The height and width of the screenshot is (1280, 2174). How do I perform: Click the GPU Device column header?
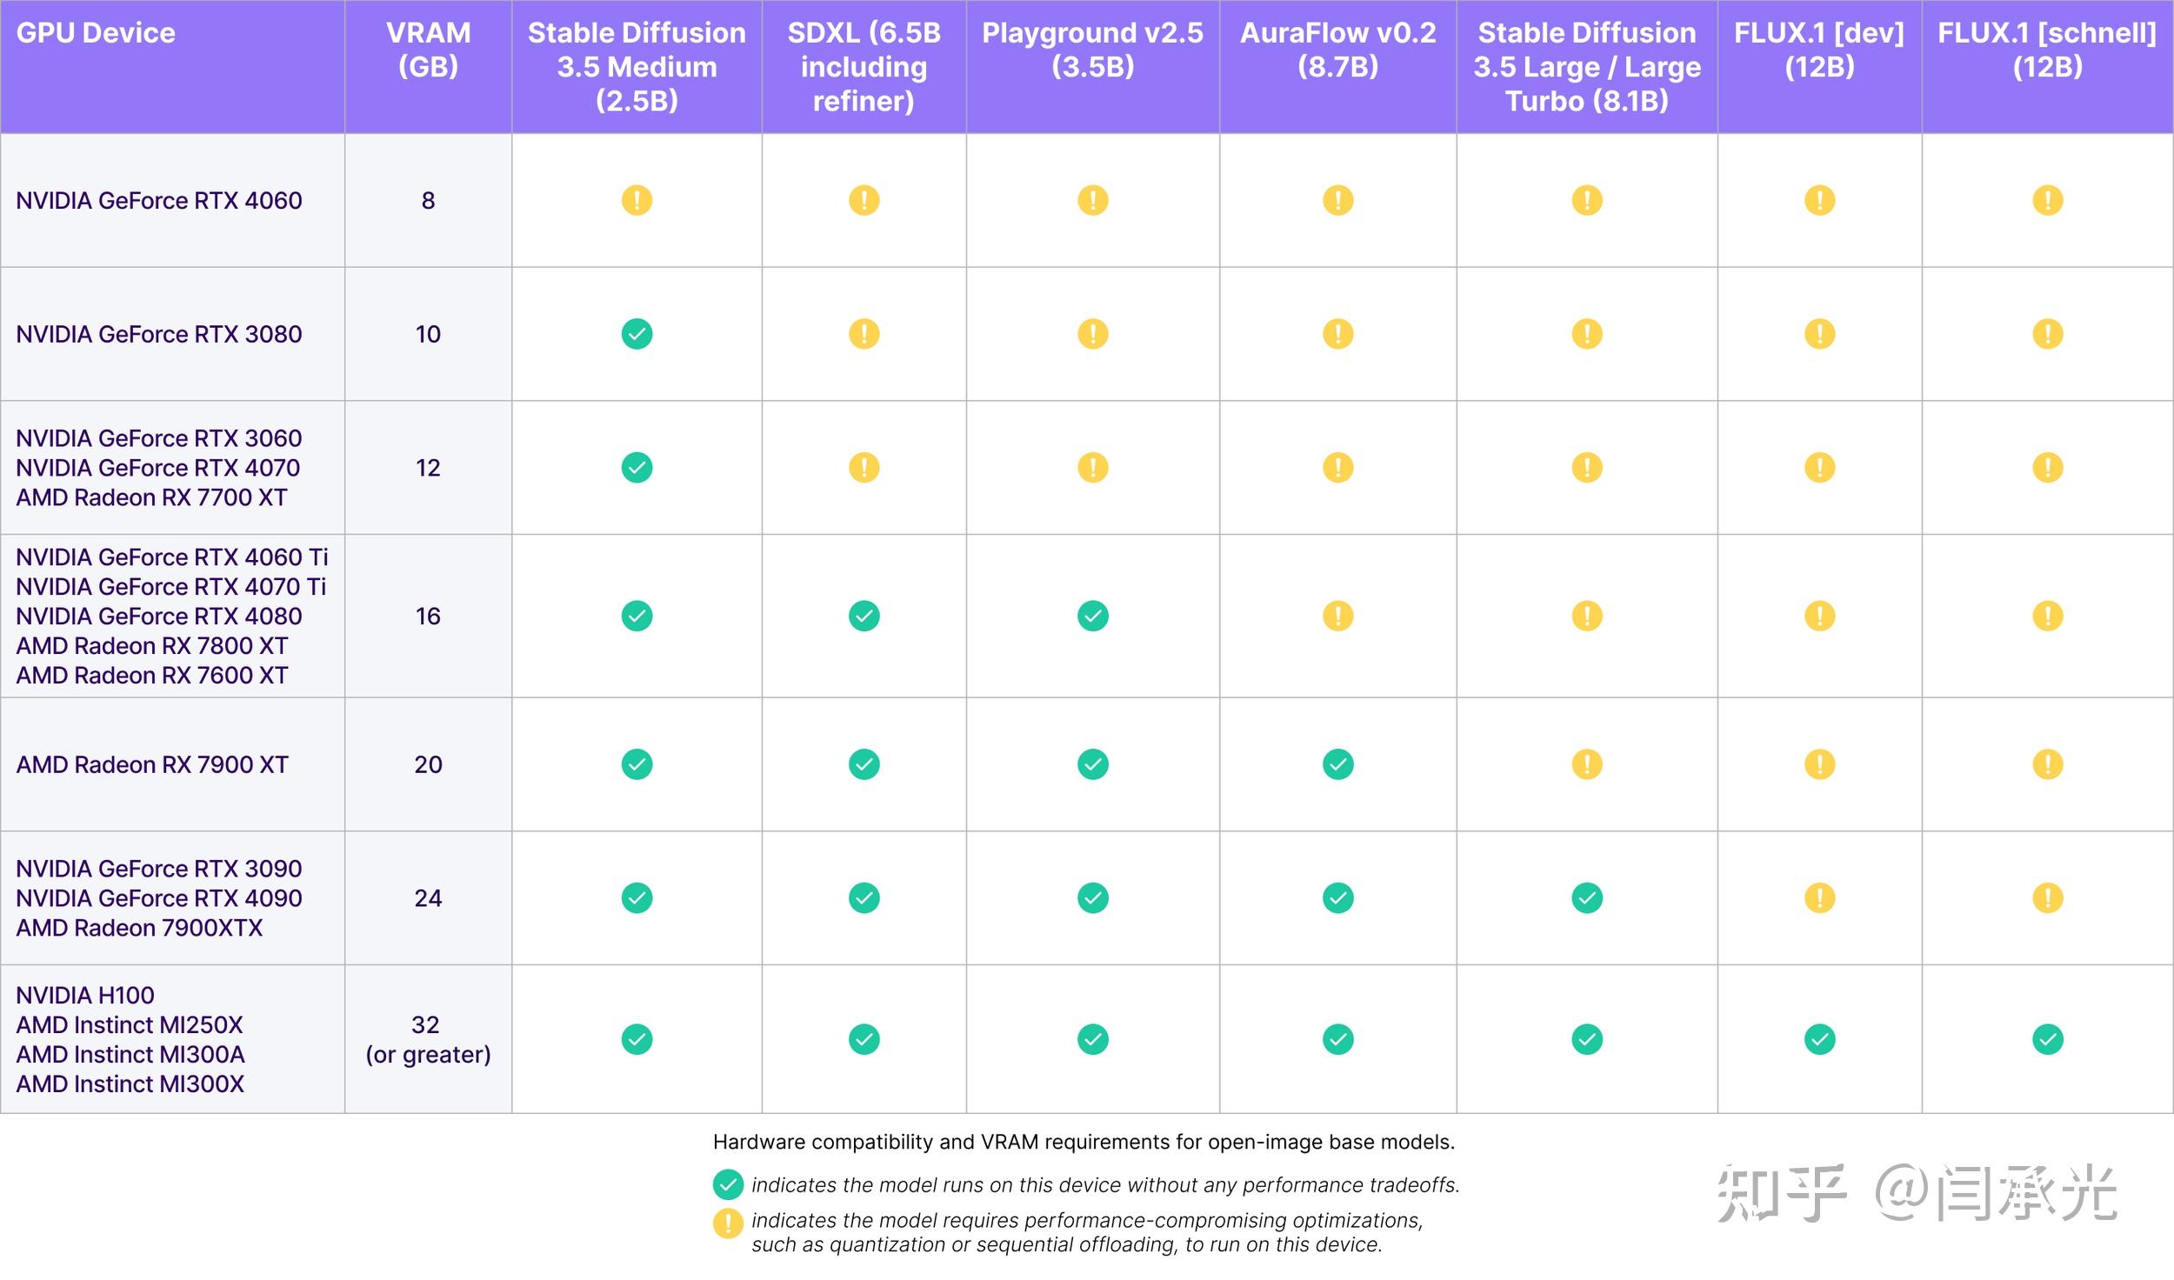pos(96,33)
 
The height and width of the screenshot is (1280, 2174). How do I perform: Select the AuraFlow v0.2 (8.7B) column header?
pos(1337,50)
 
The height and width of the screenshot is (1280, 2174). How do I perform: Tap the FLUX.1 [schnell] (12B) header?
pos(2047,50)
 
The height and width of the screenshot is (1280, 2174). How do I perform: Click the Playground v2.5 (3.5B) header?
pos(1092,50)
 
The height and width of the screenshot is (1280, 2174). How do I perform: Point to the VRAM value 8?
pos(428,201)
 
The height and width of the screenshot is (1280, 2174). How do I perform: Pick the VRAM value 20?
pos(428,764)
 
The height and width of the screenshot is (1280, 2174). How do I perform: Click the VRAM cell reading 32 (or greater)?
pos(428,1039)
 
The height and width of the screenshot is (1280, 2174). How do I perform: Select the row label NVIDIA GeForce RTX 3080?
pos(159,334)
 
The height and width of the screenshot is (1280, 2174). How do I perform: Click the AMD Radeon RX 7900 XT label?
pos(152,764)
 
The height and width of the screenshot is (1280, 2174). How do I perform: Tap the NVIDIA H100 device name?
pos(85,995)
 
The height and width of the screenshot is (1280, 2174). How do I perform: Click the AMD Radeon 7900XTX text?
pos(139,928)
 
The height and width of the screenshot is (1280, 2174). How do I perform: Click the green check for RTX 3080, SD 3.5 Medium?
pos(637,334)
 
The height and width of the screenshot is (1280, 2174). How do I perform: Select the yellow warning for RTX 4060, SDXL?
pos(864,201)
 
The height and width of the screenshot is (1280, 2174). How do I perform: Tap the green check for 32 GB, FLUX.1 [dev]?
pos(1819,1039)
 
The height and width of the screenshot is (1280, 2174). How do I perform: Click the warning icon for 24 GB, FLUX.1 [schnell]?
pos(2047,898)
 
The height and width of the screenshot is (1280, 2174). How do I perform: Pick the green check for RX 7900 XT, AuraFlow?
pos(1337,764)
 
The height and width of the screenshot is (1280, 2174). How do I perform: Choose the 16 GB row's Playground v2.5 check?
pos(1092,616)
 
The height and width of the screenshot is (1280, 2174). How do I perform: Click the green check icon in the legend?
pos(728,1184)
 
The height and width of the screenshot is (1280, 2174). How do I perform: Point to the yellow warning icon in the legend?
pos(728,1223)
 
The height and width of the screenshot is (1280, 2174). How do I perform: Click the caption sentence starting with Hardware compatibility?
pos(1084,1142)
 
